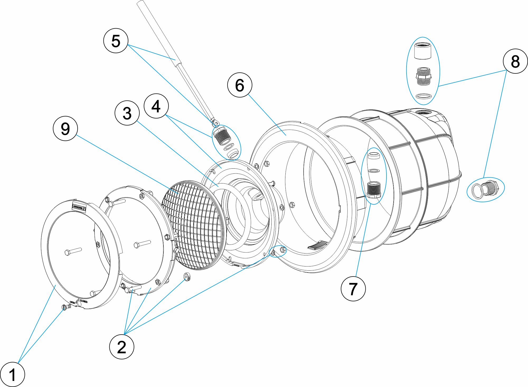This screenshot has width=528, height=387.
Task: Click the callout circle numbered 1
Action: [12, 374]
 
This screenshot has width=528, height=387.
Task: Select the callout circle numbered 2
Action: [121, 347]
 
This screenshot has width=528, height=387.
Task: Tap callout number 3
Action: [127, 113]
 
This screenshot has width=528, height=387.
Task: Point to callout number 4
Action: [156, 106]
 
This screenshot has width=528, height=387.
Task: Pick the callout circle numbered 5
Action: [116, 41]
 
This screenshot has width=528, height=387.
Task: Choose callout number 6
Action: [239, 85]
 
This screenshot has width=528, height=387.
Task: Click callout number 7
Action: [353, 288]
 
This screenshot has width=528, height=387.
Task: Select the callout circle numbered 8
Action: [515, 61]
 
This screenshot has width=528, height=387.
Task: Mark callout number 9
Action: [65, 128]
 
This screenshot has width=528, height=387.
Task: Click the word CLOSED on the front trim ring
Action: [83, 301]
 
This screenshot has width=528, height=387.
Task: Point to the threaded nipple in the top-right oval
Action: [423, 76]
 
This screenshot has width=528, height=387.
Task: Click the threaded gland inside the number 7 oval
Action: [374, 190]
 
